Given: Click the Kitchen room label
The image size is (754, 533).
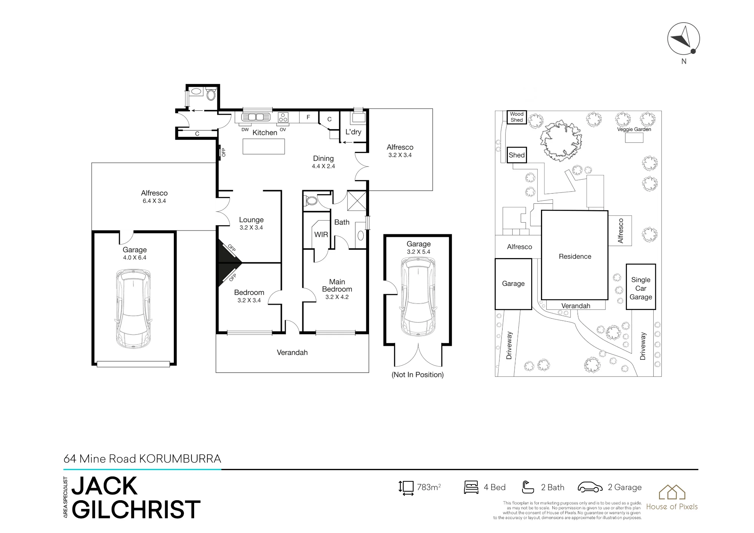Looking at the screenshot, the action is pos(265,133).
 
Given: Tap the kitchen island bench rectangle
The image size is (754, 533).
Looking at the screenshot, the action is pos(264,147).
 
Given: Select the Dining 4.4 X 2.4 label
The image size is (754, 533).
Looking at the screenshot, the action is pos(323,162).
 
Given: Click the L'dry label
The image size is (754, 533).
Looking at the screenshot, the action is pos(353,132).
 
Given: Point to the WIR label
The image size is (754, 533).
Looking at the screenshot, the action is pos(321,235).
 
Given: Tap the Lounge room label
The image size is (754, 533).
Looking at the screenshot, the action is pos(251,220).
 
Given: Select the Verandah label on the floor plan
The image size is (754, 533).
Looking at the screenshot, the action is pos(292,353).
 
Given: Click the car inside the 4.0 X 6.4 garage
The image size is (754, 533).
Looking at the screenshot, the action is pos(134,308).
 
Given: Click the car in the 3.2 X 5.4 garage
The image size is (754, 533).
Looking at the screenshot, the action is pos(418,296).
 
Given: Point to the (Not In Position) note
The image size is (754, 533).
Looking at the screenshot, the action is pos(418,375).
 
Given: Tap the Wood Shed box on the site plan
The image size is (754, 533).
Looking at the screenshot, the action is pos(516,117).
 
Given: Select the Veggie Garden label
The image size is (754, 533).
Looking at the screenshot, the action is pos(634,129).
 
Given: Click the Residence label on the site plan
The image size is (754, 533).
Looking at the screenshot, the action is pos(575,257).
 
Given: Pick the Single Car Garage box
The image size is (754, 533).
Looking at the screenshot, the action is pos(641,287).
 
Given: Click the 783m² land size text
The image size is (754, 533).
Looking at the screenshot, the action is pos(429,487).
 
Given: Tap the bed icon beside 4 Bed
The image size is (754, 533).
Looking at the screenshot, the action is pos(471,487).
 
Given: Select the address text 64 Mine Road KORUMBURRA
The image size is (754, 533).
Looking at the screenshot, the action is pos(142,459).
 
